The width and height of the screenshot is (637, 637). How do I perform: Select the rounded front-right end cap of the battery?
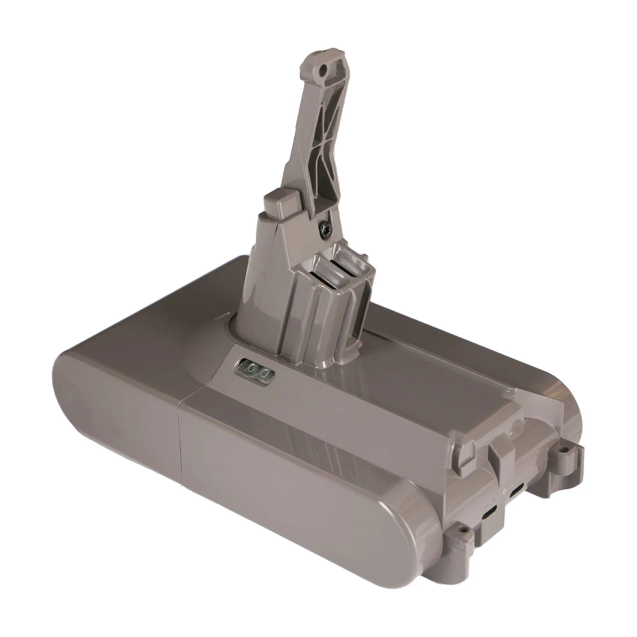[405, 527]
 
